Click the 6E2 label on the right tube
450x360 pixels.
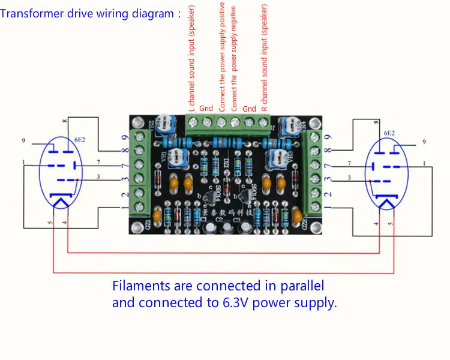[x=388, y=133]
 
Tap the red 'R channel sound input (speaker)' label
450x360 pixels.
[x=265, y=57]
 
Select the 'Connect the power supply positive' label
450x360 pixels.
[x=221, y=57]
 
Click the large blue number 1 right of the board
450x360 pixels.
[x=328, y=207]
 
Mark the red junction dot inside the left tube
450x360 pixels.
[x=78, y=179]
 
